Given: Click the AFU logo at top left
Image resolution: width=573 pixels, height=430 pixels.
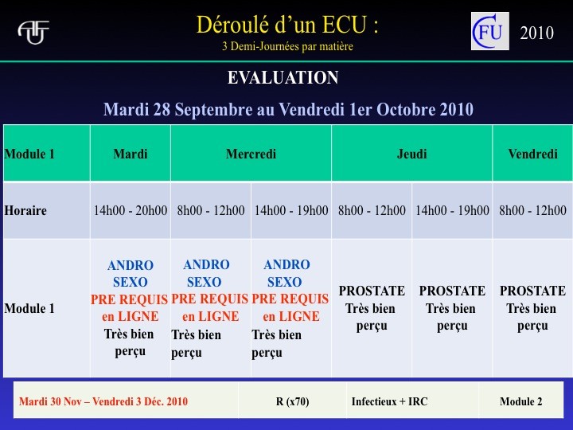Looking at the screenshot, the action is click(x=33, y=32).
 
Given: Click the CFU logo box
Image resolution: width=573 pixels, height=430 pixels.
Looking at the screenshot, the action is click(x=489, y=31).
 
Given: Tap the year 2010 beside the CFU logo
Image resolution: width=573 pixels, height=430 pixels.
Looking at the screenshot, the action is click(x=537, y=33).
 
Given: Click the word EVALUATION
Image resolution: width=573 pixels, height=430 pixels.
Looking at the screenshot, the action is click(x=283, y=77).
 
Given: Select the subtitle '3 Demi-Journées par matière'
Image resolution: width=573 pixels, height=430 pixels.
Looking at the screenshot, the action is click(x=287, y=46).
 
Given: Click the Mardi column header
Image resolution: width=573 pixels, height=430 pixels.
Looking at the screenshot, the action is click(x=131, y=154).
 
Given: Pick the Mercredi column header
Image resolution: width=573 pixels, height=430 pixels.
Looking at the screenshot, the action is click(x=251, y=154).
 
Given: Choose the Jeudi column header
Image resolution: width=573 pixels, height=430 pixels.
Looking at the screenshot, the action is click(x=412, y=154).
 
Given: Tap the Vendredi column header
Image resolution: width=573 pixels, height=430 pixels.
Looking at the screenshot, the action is click(x=532, y=154).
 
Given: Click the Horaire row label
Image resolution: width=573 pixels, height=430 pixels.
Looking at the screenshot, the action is click(x=25, y=210).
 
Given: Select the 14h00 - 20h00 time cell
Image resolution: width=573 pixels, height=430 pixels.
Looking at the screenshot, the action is click(x=131, y=210).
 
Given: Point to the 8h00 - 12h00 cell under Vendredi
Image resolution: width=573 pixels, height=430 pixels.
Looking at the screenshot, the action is click(x=532, y=210).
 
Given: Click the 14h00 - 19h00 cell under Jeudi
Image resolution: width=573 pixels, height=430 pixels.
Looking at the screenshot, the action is click(x=452, y=210).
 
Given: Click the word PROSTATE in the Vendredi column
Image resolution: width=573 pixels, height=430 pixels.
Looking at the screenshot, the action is click(x=532, y=291).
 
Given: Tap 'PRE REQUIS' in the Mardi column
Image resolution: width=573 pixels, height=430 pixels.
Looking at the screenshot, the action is click(x=130, y=299).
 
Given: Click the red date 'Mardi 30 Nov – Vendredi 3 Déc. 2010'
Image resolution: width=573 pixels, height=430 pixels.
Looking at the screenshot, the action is click(x=103, y=401).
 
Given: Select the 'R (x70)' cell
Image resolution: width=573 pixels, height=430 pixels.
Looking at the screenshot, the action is click(x=292, y=401).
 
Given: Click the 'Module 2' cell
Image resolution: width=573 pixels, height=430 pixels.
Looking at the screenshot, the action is click(x=521, y=401).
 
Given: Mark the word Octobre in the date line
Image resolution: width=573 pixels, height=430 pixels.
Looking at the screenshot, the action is click(x=406, y=109).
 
